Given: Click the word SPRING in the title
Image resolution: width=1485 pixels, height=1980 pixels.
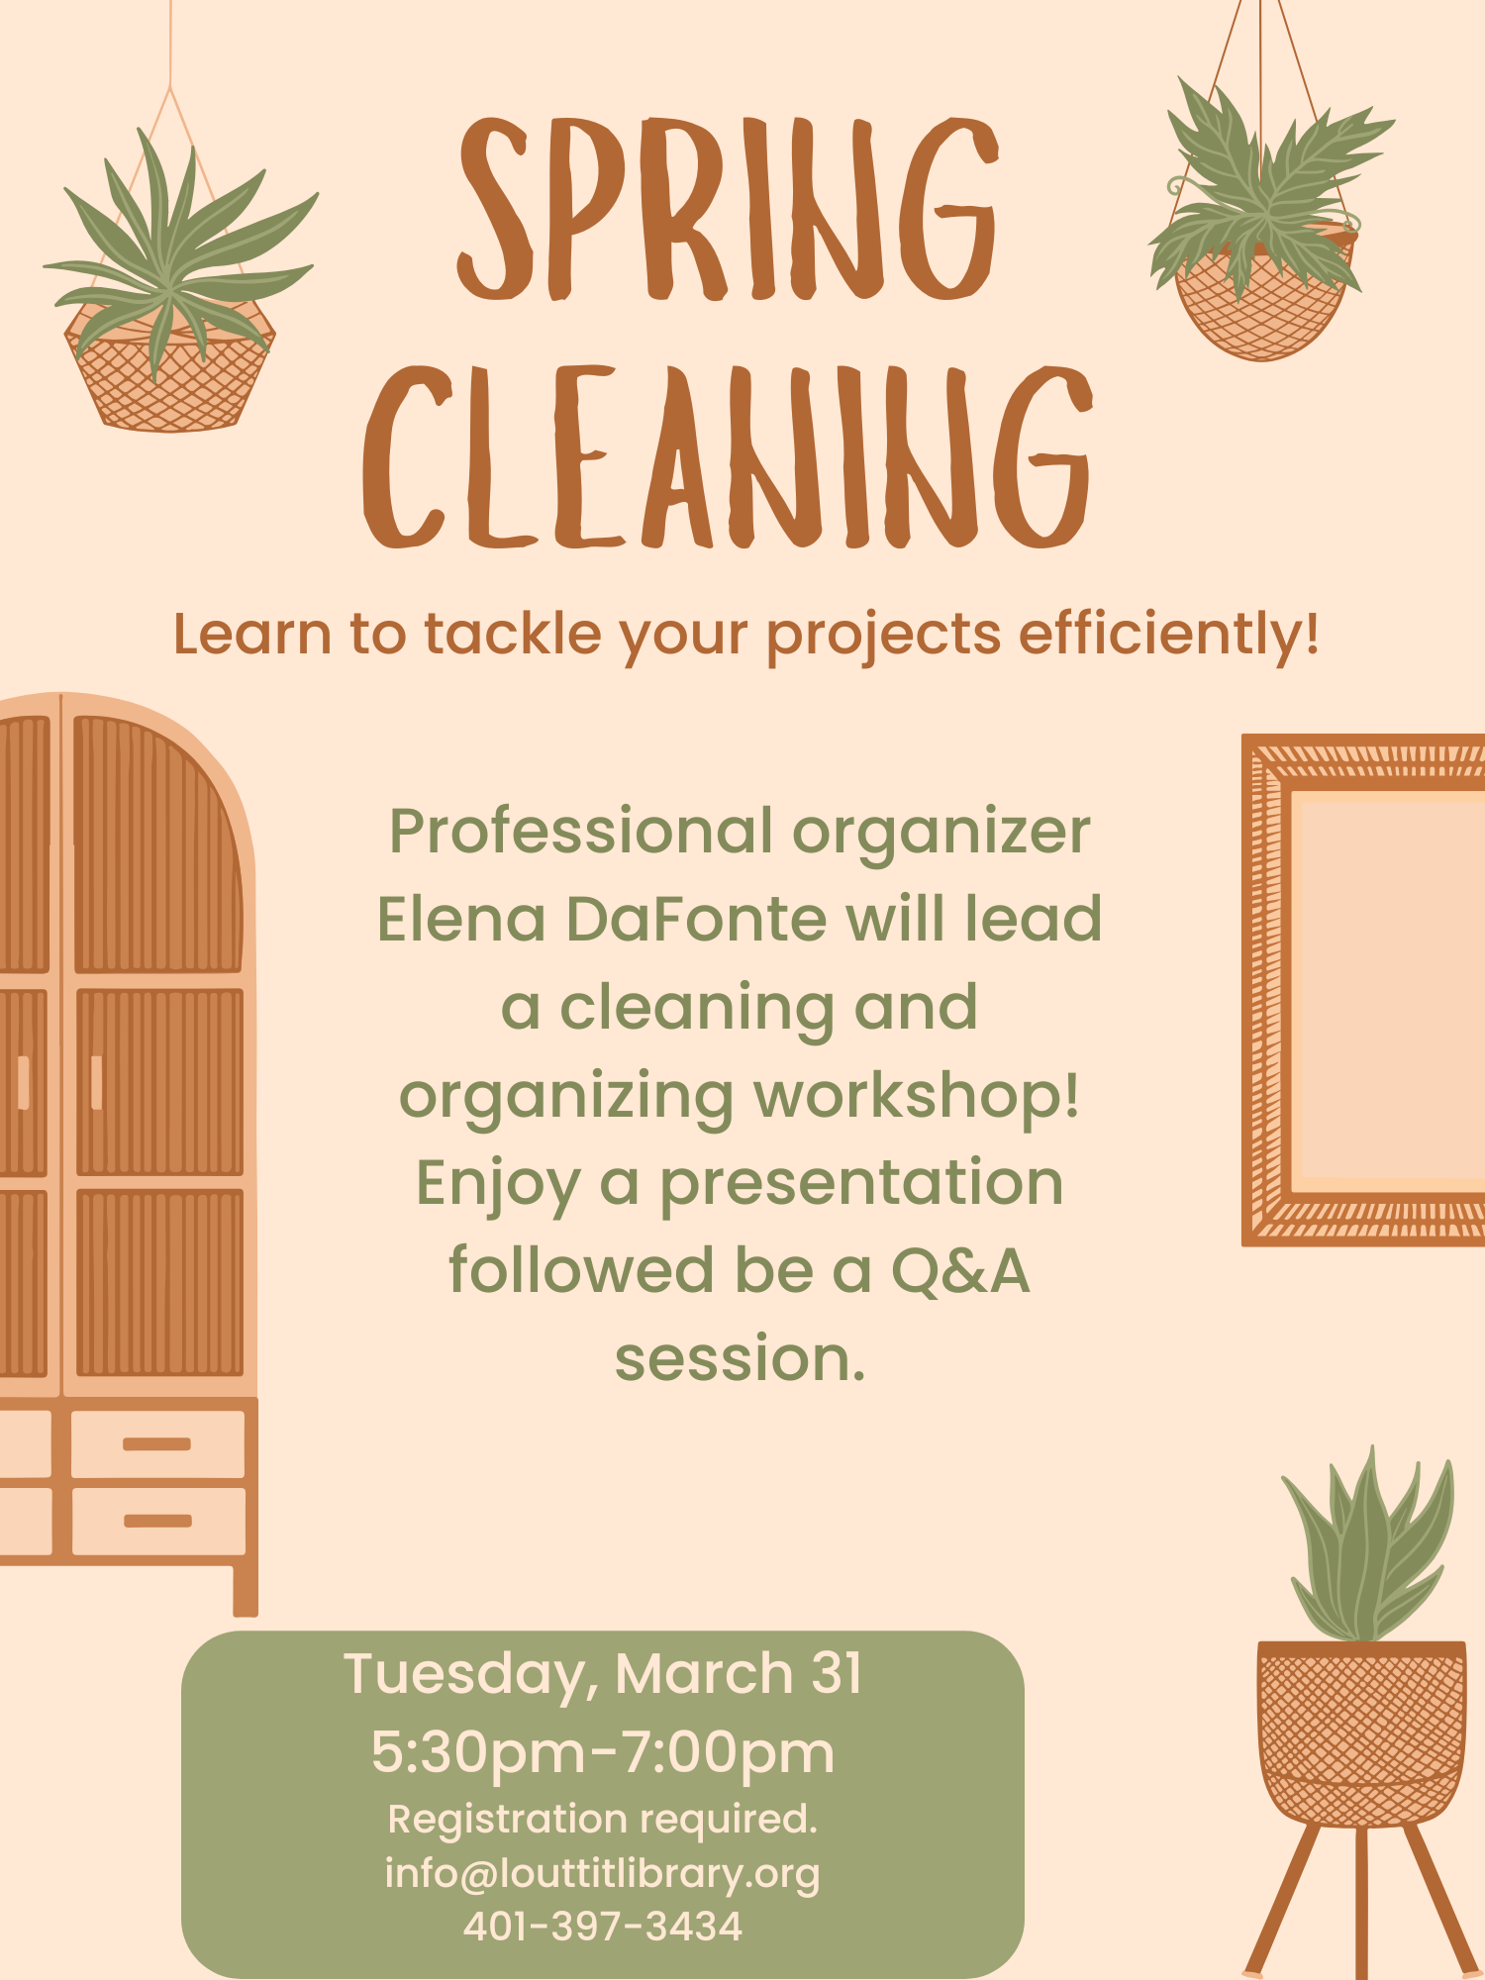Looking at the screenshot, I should pos(728,210).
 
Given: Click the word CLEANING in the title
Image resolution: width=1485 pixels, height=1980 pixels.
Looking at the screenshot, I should pos(728,457).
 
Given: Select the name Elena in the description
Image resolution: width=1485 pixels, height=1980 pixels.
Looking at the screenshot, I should pos(461,919).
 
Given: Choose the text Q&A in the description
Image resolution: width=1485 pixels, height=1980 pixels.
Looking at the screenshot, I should pos(959,1270).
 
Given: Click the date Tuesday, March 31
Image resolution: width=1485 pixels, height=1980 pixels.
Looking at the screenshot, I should pos(603,1674).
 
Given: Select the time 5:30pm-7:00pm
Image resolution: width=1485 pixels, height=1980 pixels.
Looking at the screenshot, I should pos(603,1752).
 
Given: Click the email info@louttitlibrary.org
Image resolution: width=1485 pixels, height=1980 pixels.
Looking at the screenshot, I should pos(603,1873).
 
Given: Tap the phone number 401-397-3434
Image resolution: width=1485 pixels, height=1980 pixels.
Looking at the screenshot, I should pos(603,1927).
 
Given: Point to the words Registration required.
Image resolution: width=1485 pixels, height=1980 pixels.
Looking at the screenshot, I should pos(603,1819).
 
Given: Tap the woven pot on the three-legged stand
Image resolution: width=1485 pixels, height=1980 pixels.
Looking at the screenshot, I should pos(1361,1732).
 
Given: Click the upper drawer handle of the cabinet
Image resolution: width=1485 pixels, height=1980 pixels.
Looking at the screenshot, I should pos(156,1444).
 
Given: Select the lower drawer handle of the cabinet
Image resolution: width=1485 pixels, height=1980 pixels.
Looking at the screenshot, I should pos(156,1521).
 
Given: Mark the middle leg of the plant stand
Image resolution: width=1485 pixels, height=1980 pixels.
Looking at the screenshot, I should pos(1361,1901).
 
